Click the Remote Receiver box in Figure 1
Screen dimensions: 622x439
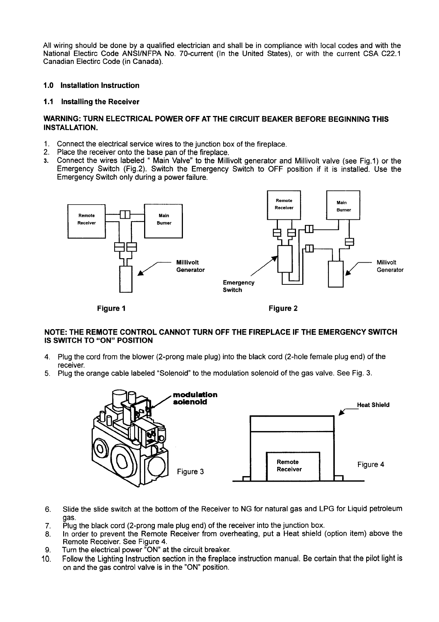87,219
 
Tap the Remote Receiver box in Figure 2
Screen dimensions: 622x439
284,204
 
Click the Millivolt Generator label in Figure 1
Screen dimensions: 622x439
190,266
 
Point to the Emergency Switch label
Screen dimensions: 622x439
238,286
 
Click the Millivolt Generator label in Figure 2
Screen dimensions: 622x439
390,266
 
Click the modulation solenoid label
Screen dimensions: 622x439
195,398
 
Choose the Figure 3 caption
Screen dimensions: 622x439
190,472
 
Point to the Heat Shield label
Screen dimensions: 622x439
373,405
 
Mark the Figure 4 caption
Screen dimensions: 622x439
371,464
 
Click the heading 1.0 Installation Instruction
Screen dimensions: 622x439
91,85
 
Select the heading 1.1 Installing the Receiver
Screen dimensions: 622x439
91,102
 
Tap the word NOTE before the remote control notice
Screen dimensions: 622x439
54,332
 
